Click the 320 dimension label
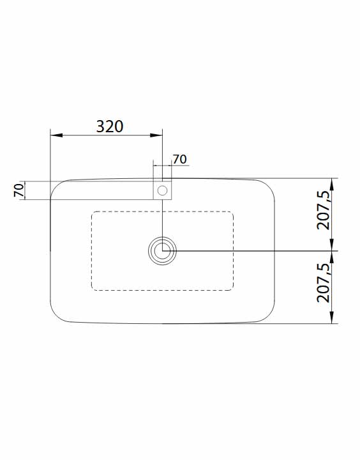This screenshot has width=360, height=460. (110, 126)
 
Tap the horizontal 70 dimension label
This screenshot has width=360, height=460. (179, 159)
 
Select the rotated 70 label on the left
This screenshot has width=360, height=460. (19, 190)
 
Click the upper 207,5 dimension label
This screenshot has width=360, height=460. (324, 211)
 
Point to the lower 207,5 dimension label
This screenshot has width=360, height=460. (324, 283)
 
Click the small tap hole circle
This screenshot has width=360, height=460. (162, 190)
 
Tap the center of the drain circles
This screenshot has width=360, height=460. (162, 251)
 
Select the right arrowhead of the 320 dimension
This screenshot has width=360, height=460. (156, 135)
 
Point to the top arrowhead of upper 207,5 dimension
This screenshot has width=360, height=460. (331, 184)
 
